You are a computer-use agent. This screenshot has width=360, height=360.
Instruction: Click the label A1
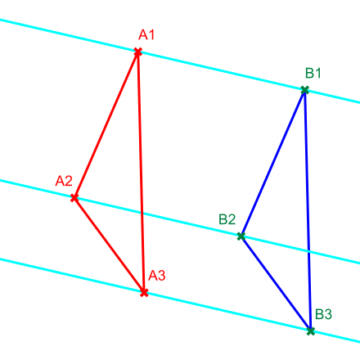pos(146,34)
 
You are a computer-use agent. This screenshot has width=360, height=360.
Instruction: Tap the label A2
pos(64,181)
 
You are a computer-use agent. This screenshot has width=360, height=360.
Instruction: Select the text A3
pos(157,276)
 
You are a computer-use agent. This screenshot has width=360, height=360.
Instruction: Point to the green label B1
pos(313,73)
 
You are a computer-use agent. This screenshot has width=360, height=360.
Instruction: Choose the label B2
pos(227,219)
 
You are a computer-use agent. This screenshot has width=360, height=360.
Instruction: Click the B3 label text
pos(323,314)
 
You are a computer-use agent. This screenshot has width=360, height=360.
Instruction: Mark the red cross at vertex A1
pos(138,52)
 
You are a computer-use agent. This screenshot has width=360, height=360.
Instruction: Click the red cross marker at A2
pos(74,198)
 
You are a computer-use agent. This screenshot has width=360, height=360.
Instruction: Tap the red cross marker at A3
pos(144,293)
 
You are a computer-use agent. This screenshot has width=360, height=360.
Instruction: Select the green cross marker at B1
pos(305,90)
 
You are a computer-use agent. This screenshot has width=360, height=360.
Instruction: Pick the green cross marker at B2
pos(241,236)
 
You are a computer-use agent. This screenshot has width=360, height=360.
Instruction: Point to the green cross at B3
pos(311,331)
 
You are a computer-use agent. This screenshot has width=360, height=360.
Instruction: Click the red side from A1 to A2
pos(106,124)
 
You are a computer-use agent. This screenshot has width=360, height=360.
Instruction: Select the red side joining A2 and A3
pos(109,245)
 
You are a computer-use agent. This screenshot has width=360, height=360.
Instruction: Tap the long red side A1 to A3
pos(141,172)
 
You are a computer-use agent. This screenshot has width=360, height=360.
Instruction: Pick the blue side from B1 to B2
pos(273,163)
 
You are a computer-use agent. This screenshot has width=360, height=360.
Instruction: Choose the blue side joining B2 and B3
pos(276,284)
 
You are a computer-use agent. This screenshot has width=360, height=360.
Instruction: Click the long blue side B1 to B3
pos(308,210)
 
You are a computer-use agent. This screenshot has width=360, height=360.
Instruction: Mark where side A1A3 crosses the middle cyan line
pos(142,214)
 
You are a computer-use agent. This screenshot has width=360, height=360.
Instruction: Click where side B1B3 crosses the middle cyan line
pos(308,252)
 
